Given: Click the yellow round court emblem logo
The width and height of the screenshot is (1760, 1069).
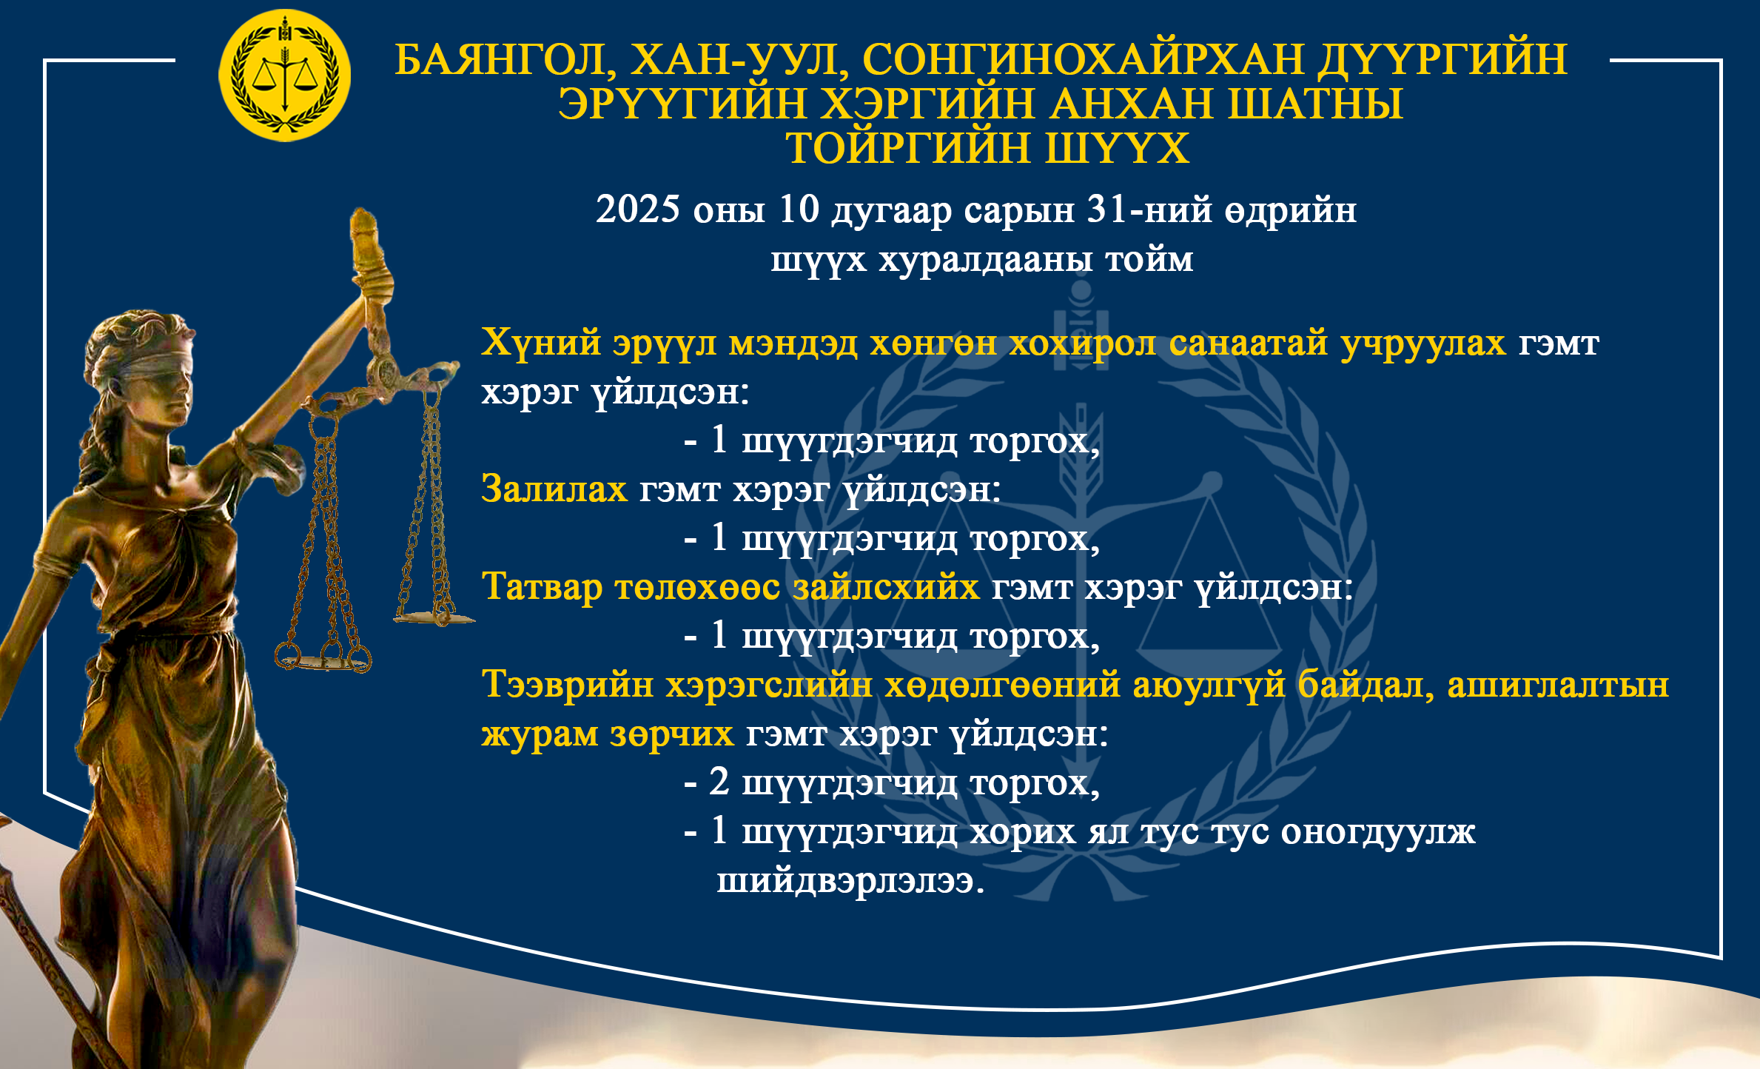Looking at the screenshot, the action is click(284, 76).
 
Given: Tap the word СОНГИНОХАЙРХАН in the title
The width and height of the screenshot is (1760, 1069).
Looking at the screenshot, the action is click(1083, 59).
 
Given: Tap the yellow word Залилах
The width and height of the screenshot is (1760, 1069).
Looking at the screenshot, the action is click(554, 489).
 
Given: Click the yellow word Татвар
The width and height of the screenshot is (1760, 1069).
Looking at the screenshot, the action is click(543, 587).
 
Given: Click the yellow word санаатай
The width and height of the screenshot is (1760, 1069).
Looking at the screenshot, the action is click(1249, 343).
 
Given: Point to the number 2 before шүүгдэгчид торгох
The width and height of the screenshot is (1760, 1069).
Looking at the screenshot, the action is click(719, 782).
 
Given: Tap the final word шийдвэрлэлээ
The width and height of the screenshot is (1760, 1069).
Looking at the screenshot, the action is click(850, 881).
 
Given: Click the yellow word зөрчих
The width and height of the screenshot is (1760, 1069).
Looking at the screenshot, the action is click(672, 734).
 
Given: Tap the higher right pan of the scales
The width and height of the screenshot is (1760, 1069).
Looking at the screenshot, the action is click(434, 617).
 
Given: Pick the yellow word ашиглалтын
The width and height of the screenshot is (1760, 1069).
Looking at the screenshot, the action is click(1559, 686).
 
